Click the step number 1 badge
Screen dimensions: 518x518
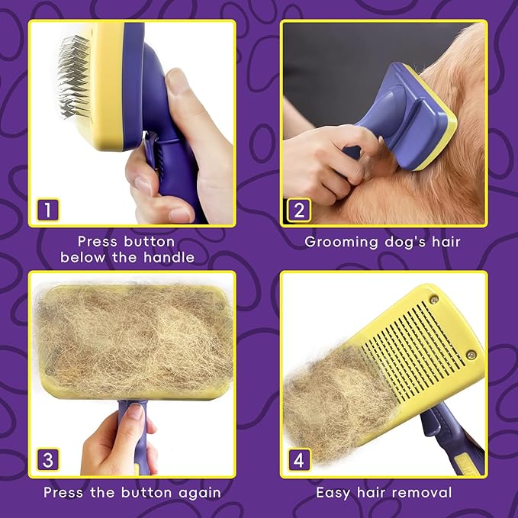pos(48,209)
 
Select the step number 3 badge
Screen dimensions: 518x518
pos(48,460)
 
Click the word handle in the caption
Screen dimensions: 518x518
pos(169,258)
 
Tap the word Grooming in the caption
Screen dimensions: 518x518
pos(340,242)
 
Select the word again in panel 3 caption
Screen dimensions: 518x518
pos(198,493)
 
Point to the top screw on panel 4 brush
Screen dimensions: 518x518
pos(434,299)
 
